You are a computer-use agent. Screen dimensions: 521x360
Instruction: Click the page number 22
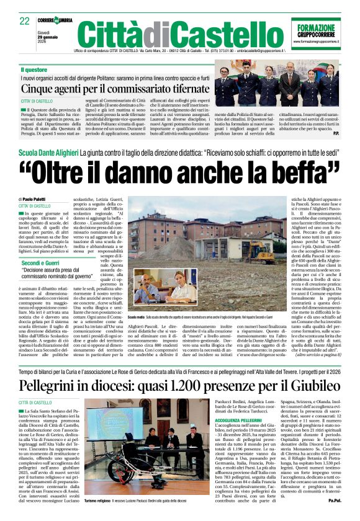point(25,22)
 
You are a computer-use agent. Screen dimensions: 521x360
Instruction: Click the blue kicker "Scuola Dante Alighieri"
point(48,151)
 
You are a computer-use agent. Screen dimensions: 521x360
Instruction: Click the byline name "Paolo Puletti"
point(40,198)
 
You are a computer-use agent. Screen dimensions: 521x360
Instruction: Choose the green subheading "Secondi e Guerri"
point(41,263)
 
